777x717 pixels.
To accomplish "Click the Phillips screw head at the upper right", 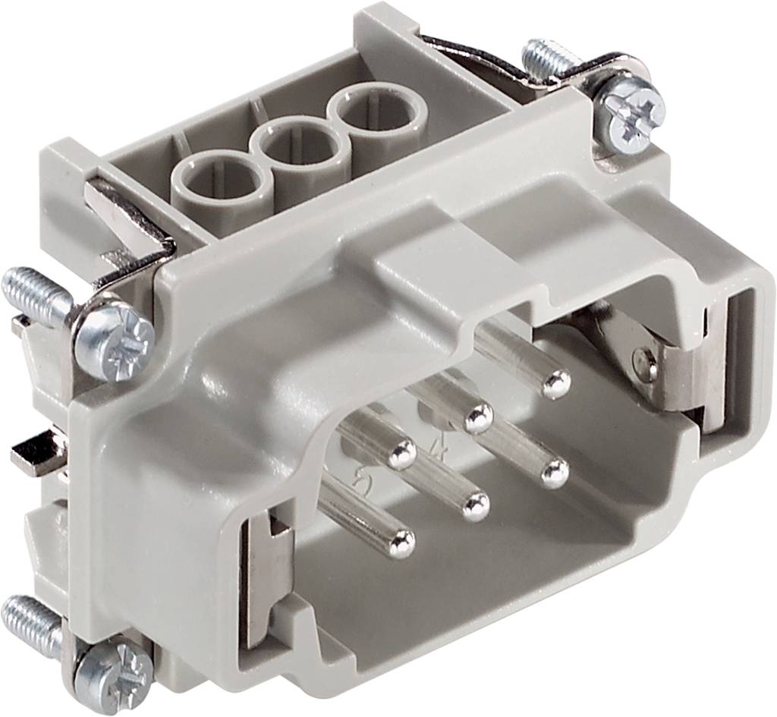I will pos(630,115).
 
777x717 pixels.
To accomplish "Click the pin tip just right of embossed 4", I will pos(479,416).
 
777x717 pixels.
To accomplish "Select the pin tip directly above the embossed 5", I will pos(401,454).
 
